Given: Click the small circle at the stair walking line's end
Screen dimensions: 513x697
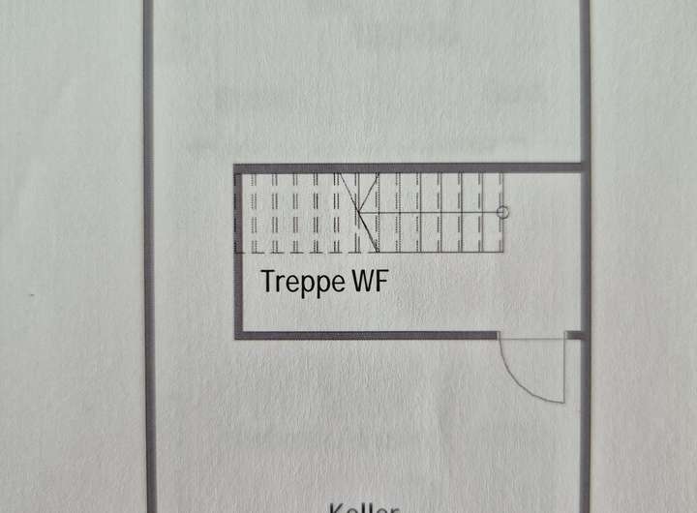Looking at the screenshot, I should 501,211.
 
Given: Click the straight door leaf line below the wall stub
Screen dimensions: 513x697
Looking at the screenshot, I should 562,369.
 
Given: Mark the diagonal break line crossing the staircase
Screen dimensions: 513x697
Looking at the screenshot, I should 359,212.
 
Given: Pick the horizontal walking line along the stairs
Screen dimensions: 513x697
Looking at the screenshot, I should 436,211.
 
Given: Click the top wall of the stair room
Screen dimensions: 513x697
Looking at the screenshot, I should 407,167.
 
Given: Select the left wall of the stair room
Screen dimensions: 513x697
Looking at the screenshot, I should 237,252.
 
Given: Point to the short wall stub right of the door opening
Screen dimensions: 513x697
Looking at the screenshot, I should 574,335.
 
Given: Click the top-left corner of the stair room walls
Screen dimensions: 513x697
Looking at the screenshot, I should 237,168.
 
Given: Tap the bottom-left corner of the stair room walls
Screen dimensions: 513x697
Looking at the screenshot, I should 238,335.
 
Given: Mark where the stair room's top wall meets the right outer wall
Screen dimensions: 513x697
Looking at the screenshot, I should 584,167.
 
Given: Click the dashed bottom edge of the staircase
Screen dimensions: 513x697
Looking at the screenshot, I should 368,253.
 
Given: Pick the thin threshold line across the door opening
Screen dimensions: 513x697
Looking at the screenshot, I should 530,338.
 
